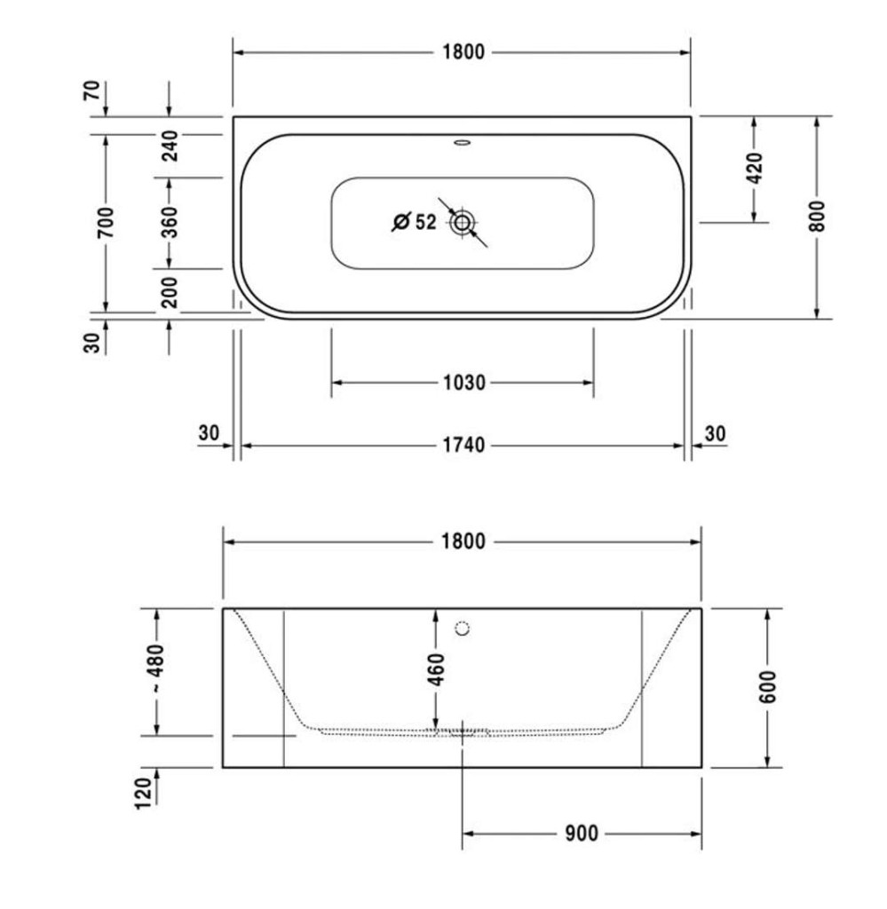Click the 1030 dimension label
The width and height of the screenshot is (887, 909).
pyautogui.click(x=463, y=383)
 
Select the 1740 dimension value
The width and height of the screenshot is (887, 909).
pyautogui.click(x=463, y=446)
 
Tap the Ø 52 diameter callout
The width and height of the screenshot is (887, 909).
pyautogui.click(x=414, y=222)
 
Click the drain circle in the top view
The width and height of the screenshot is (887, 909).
pyautogui.click(x=462, y=222)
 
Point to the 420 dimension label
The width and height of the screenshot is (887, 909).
pyautogui.click(x=755, y=168)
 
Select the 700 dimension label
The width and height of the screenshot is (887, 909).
pyautogui.click(x=106, y=222)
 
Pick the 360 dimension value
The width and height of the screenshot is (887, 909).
pyautogui.click(x=170, y=222)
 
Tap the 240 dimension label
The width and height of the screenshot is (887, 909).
pyautogui.click(x=170, y=146)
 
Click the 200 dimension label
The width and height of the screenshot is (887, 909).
pyautogui.click(x=170, y=292)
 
